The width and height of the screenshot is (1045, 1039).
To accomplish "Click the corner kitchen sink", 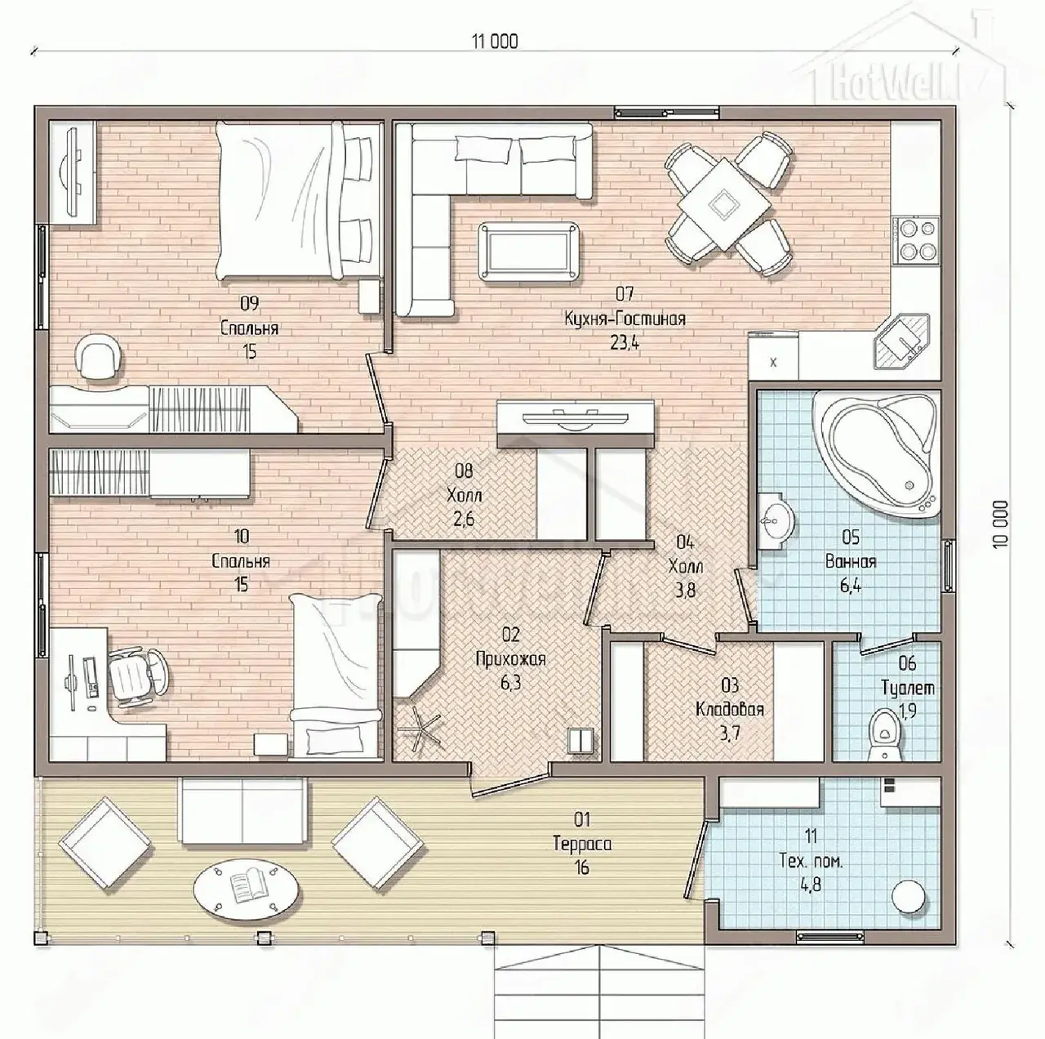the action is click(902, 341).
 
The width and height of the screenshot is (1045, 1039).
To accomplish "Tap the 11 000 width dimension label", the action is click(495, 42).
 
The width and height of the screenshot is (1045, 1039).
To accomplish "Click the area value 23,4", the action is click(625, 342).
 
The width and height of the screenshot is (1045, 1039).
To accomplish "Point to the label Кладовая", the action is click(730, 709).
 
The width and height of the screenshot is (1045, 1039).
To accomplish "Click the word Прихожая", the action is click(510, 659).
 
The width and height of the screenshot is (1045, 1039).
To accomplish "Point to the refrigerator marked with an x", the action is click(774, 356).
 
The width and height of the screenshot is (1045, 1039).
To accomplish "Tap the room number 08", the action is click(465, 470).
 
